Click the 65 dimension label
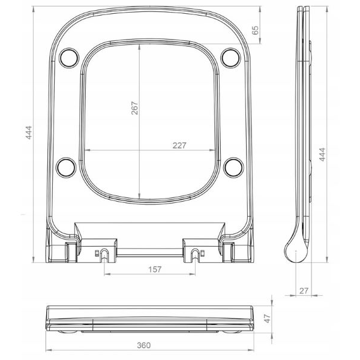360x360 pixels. pos(255,31)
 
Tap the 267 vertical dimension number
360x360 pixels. pos(135,107)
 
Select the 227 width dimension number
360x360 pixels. pos(179,145)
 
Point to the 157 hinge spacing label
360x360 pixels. pos(155,269)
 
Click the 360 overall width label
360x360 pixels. pos(144,346)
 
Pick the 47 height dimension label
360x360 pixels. pos(268,319)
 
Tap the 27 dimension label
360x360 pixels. pos(304,291)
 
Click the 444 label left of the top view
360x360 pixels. pos(28,133)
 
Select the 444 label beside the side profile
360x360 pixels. pos(322,155)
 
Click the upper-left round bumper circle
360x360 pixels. pos(69,58)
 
